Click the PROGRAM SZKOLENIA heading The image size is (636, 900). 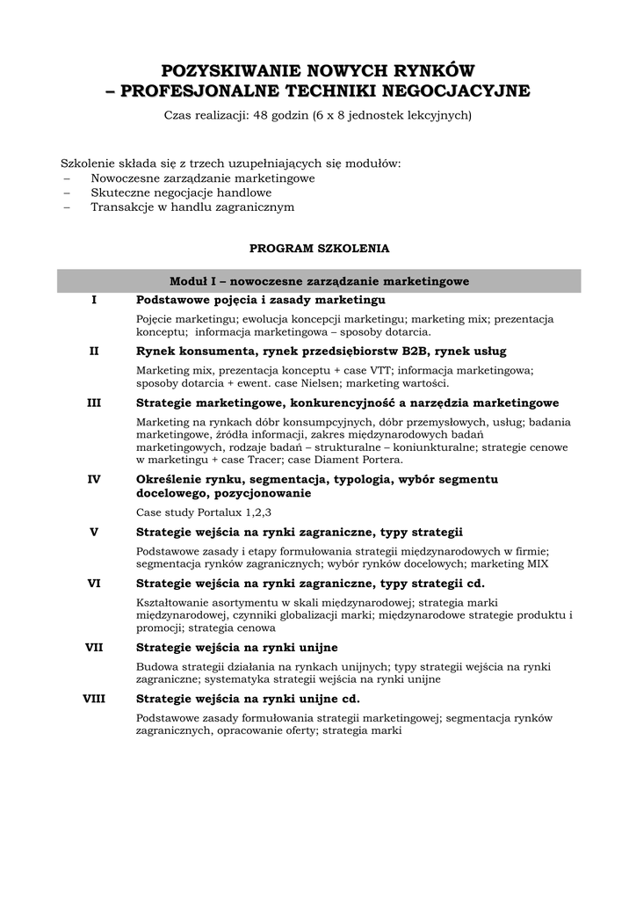tap(319, 249)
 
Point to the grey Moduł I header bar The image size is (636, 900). tap(319, 281)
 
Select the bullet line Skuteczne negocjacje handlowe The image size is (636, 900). tap(181, 192)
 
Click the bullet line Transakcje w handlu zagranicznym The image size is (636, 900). tap(192, 207)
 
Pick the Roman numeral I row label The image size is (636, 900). tap(94, 301)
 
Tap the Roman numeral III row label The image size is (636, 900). tap(94, 403)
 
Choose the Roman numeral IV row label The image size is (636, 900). tap(94, 479)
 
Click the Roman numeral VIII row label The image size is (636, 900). tap(94, 700)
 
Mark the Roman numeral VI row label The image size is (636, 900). tap(94, 583)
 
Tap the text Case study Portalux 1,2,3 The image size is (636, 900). tap(204, 512)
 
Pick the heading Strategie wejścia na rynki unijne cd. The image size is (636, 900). tap(248, 700)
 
